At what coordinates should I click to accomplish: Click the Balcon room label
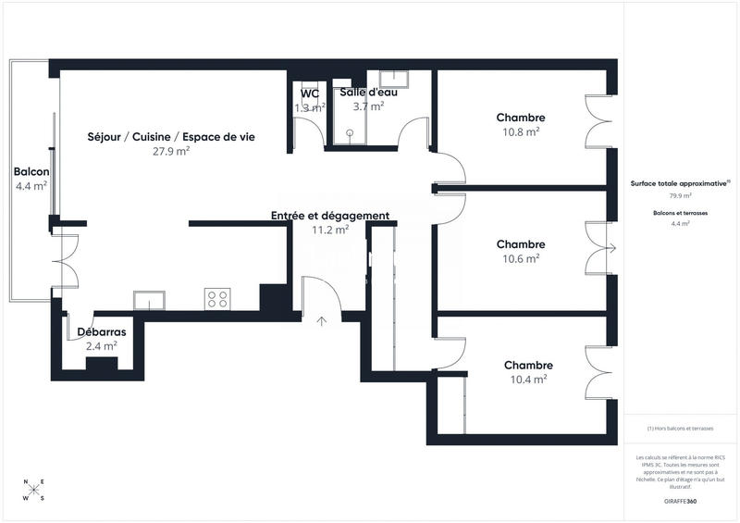[31, 172]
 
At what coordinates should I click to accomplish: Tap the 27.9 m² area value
[171, 151]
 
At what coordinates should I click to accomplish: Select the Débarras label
[101, 332]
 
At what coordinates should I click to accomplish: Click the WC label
[310, 93]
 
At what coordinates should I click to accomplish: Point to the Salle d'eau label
[368, 93]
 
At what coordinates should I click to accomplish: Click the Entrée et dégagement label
[329, 216]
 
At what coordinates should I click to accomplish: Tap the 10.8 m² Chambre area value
[520, 131]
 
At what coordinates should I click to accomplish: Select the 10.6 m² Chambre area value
[520, 259]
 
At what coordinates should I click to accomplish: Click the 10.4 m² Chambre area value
[528, 380]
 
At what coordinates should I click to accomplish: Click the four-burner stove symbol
[217, 299]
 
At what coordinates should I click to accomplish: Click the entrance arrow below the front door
[322, 322]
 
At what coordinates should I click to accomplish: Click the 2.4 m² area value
[101, 346]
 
